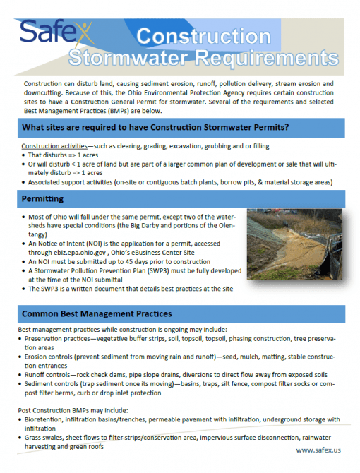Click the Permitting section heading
point(43,199)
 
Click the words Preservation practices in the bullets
point(58,339)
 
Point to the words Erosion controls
point(52,357)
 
